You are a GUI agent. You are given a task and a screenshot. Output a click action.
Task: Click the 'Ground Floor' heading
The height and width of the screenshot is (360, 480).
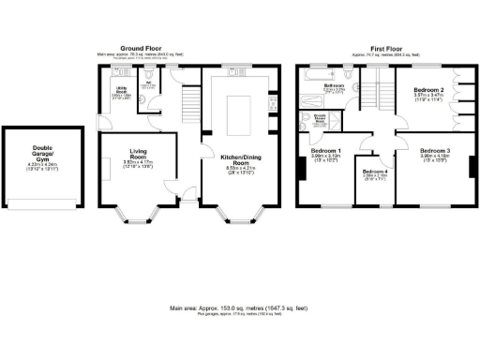(x=142, y=48)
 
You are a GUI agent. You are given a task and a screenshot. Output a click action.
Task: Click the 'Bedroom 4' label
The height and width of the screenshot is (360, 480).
(x=374, y=172)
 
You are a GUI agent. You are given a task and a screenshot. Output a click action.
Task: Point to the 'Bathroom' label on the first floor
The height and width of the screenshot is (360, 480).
(x=335, y=85)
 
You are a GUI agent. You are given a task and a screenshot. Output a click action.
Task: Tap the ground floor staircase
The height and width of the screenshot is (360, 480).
(x=190, y=97)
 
